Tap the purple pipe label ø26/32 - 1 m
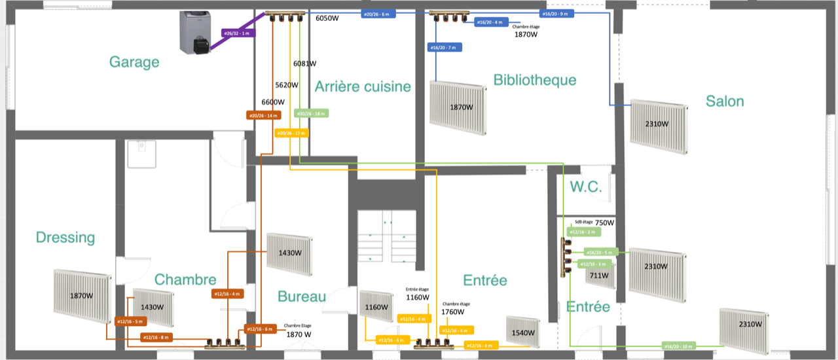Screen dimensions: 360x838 click(x=236, y=33)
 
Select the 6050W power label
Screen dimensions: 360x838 click(x=327, y=18)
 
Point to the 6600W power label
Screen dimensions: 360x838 click(x=273, y=102)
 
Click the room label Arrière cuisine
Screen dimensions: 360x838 click(x=363, y=86)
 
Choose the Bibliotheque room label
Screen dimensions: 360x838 click(x=535, y=80)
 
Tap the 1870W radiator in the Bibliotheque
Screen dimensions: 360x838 click(x=460, y=107)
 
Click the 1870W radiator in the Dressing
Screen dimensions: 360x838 click(x=82, y=296)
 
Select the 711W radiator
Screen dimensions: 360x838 click(x=601, y=276)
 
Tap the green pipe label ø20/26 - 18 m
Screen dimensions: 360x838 click(x=310, y=113)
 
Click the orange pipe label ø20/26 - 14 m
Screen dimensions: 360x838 click(x=263, y=116)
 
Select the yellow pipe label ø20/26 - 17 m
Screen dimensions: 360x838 click(x=291, y=134)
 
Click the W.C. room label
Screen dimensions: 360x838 click(x=585, y=187)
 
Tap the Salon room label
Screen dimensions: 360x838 click(x=725, y=101)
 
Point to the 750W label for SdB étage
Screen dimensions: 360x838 click(x=604, y=223)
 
